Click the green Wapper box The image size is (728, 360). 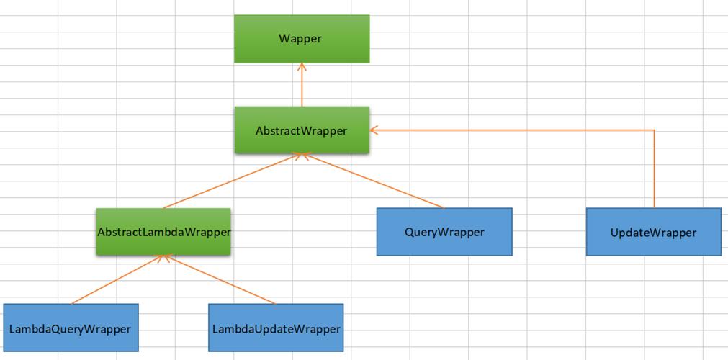pyautogui.click(x=302, y=39)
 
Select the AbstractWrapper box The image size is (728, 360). pyautogui.click(x=302, y=130)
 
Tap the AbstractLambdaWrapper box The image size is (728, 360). pyautogui.click(x=163, y=231)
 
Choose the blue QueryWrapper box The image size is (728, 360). pyautogui.click(x=444, y=231)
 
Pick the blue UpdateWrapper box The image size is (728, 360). pyautogui.click(x=654, y=231)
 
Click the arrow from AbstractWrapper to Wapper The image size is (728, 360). pyautogui.click(x=302, y=85)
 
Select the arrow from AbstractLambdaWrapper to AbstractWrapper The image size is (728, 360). pyautogui.click(x=233, y=181)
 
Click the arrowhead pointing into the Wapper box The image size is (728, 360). pyautogui.click(x=302, y=66)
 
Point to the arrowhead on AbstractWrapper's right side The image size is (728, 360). pyautogui.click(x=373, y=130)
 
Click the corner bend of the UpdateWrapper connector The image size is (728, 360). pyautogui.click(x=654, y=130)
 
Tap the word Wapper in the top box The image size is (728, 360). pyautogui.click(x=300, y=39)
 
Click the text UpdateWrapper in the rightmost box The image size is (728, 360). pyautogui.click(x=654, y=233)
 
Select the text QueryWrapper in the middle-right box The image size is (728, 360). pyautogui.click(x=445, y=232)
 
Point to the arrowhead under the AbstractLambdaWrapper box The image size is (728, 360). pyautogui.click(x=163, y=258)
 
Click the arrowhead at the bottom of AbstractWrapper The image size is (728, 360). pyautogui.click(x=302, y=156)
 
